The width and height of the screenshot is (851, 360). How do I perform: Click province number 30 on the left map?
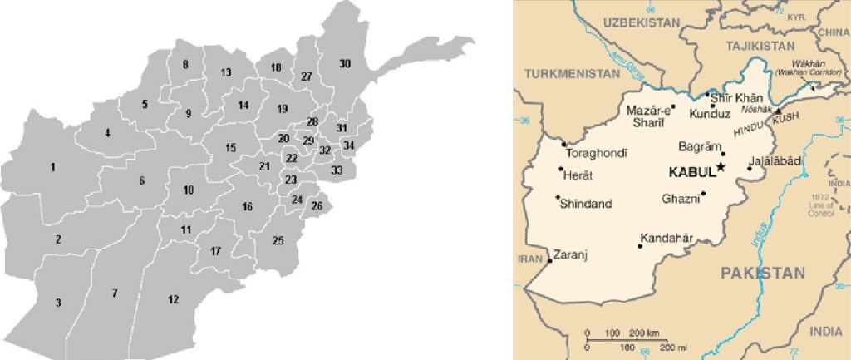pyautogui.click(x=345, y=64)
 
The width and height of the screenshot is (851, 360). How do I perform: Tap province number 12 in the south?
pyautogui.click(x=173, y=299)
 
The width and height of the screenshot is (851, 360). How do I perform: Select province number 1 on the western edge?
pyautogui.click(x=52, y=168)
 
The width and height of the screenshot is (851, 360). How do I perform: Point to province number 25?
pyautogui.click(x=278, y=241)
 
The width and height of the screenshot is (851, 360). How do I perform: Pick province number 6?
pyautogui.click(x=142, y=181)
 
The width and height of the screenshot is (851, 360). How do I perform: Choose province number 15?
pyautogui.click(x=230, y=148)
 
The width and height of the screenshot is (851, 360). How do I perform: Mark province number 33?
pyautogui.click(x=337, y=170)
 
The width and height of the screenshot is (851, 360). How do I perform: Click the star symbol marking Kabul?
pyautogui.click(x=721, y=168)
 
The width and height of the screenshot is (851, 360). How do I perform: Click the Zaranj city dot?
pyautogui.click(x=550, y=261)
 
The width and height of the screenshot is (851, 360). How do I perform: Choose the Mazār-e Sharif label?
pyautogui.click(x=647, y=116)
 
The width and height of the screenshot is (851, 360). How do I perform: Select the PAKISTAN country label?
pyautogui.click(x=762, y=273)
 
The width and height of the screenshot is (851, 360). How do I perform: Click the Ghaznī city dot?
pyautogui.click(x=703, y=195)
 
